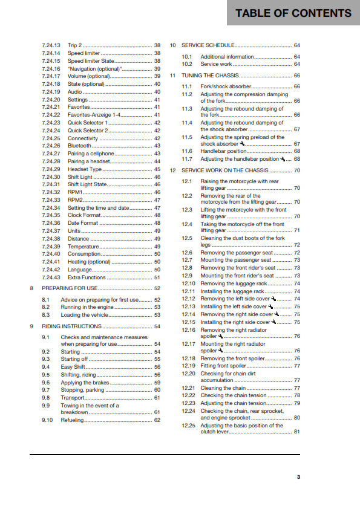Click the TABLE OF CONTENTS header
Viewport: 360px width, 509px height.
[x=293, y=13]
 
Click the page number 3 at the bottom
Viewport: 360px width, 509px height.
[x=298, y=477]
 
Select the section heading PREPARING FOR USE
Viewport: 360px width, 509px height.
[x=71, y=288]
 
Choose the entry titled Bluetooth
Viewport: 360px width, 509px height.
[x=79, y=146]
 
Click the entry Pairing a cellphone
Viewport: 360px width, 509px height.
[x=91, y=154]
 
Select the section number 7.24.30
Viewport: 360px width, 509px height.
[x=51, y=177]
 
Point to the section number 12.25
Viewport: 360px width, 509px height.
[x=189, y=426]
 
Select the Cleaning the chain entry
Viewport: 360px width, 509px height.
[x=223, y=388]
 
